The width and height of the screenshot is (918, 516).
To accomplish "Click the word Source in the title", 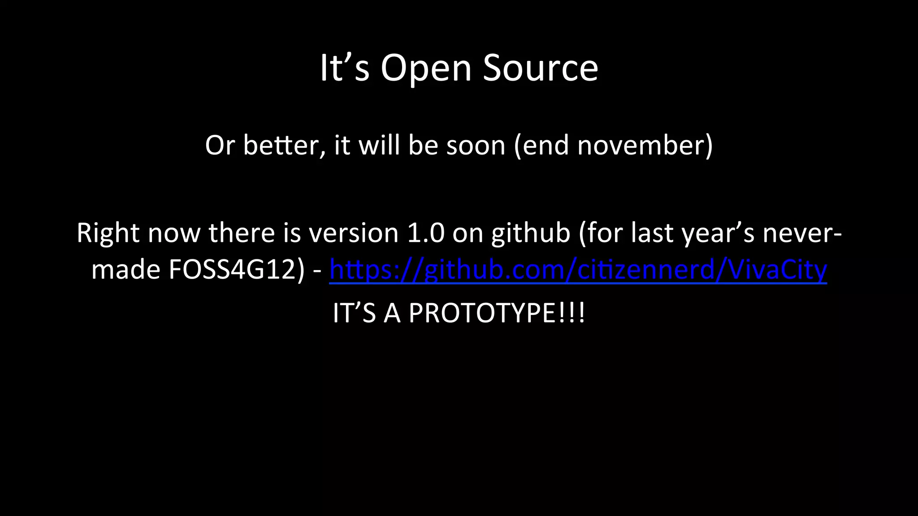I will [x=541, y=68].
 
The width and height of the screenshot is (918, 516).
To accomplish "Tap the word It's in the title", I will [x=344, y=68].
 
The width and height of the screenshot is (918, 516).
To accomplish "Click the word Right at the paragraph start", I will [x=108, y=233].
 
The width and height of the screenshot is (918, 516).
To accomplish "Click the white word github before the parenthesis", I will [x=530, y=233].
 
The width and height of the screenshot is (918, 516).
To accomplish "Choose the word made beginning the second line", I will [x=126, y=270].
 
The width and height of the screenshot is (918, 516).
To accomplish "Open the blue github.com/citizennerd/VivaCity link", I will [x=578, y=270].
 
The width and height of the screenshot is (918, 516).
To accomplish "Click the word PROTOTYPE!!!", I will [x=497, y=313].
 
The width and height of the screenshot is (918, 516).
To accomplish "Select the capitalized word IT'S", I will [x=354, y=313].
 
